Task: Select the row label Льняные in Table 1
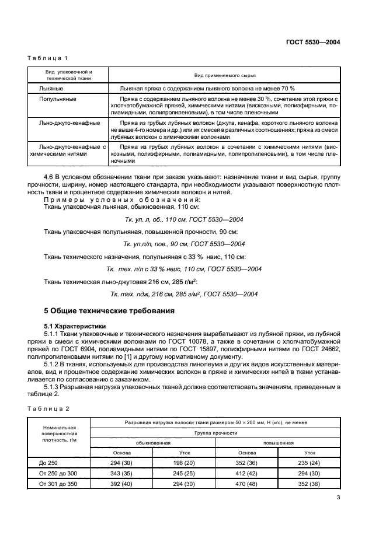[51, 87]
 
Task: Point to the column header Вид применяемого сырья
[224, 75]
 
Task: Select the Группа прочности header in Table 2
[215, 433]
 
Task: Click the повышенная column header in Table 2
[278, 443]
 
